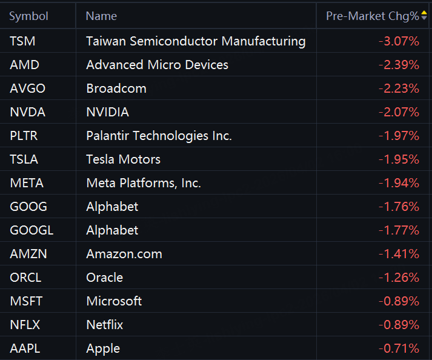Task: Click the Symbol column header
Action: point(28,16)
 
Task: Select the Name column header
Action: point(101,16)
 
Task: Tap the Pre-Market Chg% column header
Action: point(373,16)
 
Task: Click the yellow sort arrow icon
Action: point(424,13)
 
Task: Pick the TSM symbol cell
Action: point(22,41)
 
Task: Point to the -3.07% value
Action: point(399,41)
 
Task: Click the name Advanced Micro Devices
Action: point(157,65)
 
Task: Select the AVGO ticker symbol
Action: point(27,88)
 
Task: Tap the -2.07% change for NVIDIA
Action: point(399,112)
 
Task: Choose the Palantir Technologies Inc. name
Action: point(159,136)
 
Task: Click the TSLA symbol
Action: point(24,159)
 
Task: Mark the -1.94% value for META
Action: point(399,183)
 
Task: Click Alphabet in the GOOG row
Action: point(112,207)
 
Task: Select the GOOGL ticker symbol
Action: point(32,230)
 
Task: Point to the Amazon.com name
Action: point(124,254)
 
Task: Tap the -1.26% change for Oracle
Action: point(399,278)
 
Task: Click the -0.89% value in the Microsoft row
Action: point(399,301)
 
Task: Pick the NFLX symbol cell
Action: point(25,325)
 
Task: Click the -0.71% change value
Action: point(399,348)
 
